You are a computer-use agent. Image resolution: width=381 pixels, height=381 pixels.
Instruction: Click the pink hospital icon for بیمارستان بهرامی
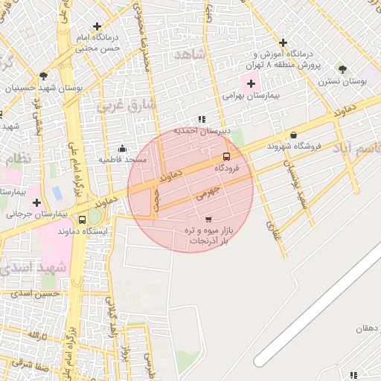coord(250,82)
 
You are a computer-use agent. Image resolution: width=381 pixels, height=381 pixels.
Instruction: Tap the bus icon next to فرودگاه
coord(226,156)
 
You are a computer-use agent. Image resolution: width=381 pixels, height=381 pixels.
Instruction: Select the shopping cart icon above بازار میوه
coord(208,219)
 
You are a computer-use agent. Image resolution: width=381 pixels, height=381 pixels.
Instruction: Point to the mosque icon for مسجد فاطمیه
coord(122,148)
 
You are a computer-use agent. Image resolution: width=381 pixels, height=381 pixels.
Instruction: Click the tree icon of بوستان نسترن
coord(342,68)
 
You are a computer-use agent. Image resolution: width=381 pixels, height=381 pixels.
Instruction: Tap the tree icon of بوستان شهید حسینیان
coord(45,75)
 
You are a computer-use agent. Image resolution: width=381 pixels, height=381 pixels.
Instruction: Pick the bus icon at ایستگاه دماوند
coord(82,220)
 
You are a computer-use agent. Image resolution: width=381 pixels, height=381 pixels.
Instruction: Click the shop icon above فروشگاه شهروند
coord(294,135)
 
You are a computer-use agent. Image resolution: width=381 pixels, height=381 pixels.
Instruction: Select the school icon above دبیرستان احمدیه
coord(202,119)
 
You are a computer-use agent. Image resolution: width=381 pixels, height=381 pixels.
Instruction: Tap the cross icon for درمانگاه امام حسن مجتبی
coord(97,26)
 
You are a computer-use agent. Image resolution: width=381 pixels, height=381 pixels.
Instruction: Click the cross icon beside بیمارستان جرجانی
coord(36,202)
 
